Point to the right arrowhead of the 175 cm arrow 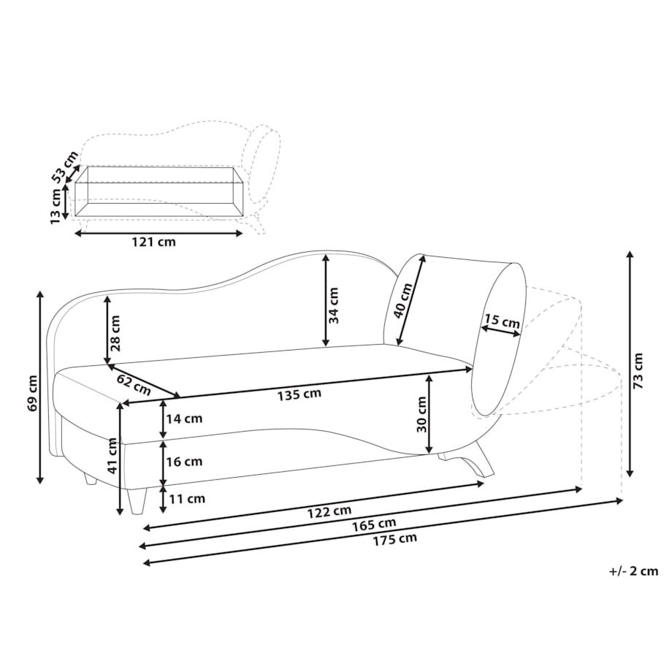click(x=622, y=500)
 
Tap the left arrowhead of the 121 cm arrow click(x=75, y=233)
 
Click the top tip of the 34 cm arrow click(x=327, y=255)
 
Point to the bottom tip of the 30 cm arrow click(x=429, y=453)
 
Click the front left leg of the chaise click(x=137, y=501)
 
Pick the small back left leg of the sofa click(x=91, y=478)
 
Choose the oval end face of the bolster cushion click(x=499, y=339)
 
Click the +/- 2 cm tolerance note click(x=633, y=571)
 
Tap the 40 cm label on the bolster click(x=402, y=300)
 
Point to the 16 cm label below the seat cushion click(x=184, y=462)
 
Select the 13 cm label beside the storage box click(x=55, y=206)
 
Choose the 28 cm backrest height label click(x=115, y=333)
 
